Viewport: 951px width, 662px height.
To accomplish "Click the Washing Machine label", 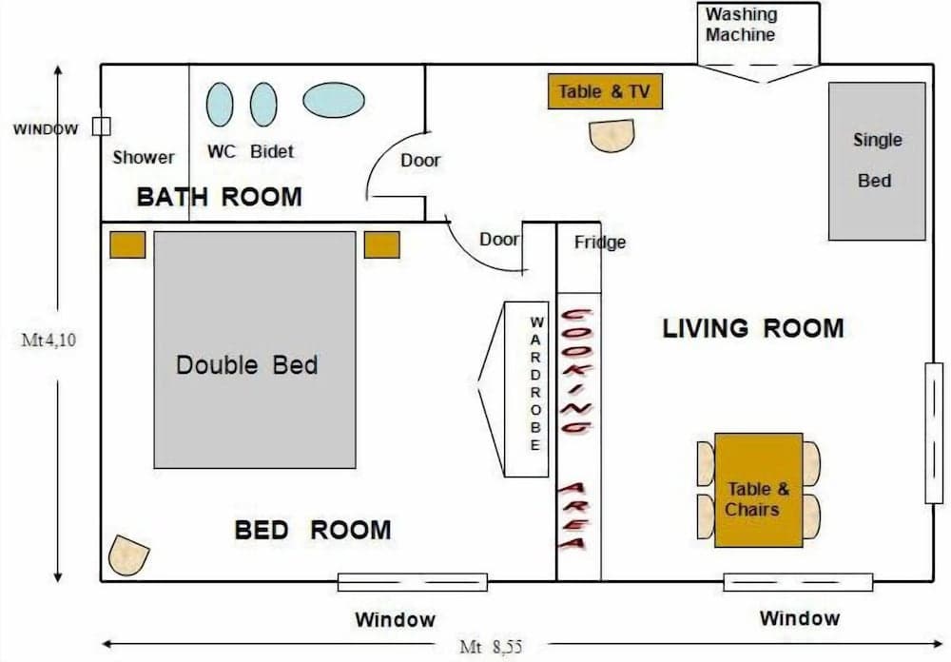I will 741,25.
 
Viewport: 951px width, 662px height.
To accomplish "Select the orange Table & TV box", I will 605,91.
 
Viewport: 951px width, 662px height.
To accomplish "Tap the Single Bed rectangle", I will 876,161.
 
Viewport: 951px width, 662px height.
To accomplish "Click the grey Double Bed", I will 255,349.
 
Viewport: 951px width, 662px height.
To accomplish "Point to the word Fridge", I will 600,243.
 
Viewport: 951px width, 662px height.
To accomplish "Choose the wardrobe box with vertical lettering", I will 527,390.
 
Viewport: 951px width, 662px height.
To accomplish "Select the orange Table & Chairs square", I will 758,490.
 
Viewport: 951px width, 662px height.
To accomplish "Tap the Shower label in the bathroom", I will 144,157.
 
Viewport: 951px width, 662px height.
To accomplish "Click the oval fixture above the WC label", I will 220,104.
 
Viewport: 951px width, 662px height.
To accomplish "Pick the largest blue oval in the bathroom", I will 334,99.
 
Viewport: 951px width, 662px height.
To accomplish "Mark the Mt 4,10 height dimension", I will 47,340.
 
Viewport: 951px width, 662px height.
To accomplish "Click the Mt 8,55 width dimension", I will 491,647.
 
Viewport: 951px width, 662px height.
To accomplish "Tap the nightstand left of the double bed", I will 127,244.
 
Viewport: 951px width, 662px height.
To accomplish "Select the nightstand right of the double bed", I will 381,244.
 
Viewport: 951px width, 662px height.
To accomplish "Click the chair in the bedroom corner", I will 128,555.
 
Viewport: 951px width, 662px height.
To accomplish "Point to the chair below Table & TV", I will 611,135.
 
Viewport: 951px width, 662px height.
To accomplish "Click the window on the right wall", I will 934,433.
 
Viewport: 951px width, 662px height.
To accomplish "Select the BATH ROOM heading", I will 219,197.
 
